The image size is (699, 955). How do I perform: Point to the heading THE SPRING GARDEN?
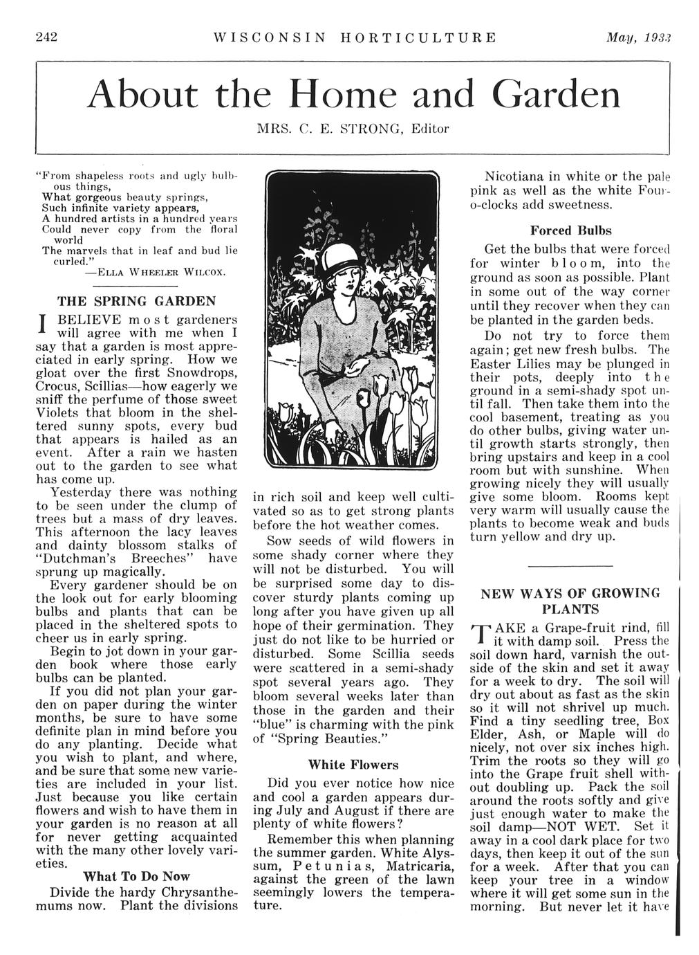[136, 301]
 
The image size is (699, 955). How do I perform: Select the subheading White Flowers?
[353, 765]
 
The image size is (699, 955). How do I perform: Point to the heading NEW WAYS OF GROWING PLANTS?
[570, 601]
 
